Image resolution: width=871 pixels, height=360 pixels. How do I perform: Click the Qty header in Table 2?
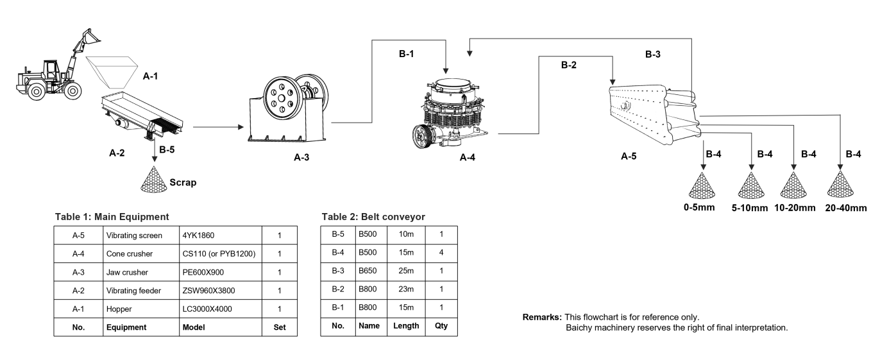(441, 326)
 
